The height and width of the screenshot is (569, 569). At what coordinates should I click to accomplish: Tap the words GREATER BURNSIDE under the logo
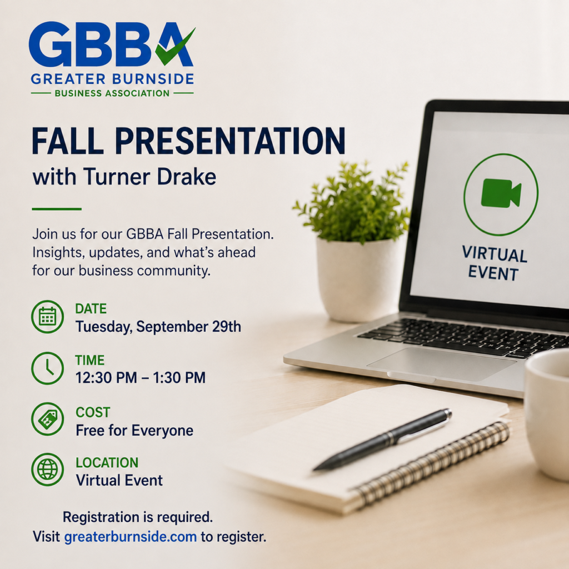click(x=112, y=79)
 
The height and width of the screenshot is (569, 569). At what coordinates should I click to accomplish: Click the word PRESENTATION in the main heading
click(x=230, y=141)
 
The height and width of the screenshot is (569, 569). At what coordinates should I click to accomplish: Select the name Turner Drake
click(x=150, y=177)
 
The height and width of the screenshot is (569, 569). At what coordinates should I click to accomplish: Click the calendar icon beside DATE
click(x=48, y=317)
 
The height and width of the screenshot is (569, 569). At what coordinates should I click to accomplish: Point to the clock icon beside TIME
click(x=48, y=368)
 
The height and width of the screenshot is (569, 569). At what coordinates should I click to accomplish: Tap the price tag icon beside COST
click(x=48, y=419)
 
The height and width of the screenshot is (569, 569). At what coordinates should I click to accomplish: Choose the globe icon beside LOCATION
click(x=48, y=470)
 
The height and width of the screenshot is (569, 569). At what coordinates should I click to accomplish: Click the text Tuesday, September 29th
click(x=158, y=327)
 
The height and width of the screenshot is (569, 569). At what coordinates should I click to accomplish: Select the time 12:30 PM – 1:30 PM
click(x=141, y=378)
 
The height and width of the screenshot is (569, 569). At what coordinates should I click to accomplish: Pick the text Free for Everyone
click(x=134, y=431)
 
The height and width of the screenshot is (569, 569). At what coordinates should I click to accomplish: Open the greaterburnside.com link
click(x=131, y=537)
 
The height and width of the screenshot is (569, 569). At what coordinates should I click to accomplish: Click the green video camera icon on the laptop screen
click(x=501, y=193)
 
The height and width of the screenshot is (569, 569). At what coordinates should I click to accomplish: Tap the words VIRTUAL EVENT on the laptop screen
click(x=494, y=263)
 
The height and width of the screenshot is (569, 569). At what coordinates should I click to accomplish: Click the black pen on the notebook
click(x=382, y=440)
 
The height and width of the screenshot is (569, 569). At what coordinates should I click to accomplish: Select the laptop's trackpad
click(x=441, y=364)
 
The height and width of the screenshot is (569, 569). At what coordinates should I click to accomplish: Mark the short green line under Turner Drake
click(x=57, y=209)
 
